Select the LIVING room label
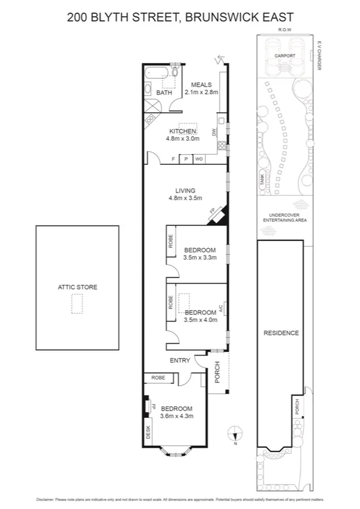185,191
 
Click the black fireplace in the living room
216,215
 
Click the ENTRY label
180,360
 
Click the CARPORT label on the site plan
285,56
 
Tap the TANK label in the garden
262,179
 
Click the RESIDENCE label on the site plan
281,333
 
